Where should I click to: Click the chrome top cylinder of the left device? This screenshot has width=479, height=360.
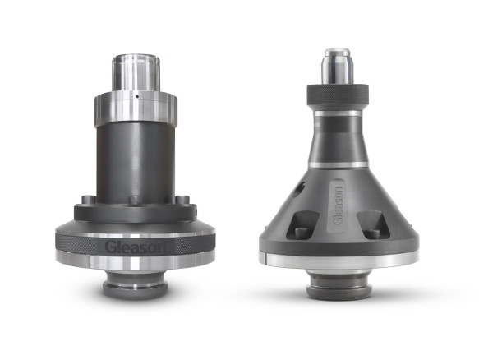pyautogui.click(x=136, y=72)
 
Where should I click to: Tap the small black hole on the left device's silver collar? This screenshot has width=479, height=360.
pyautogui.click(x=137, y=97)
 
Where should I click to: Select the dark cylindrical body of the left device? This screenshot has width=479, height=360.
pyautogui.click(x=136, y=162)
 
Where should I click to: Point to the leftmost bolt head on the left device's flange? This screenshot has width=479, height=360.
pyautogui.click(x=89, y=199)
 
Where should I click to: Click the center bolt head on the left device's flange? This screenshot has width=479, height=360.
pyautogui.click(x=135, y=201)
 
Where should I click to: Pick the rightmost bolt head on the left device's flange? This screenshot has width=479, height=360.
pyautogui.click(x=182, y=199)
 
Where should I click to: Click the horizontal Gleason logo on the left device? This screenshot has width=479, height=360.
pyautogui.click(x=136, y=247)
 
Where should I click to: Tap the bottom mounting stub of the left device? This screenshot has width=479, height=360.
pyautogui.click(x=135, y=286)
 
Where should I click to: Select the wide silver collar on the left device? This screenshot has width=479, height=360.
pyautogui.click(x=136, y=108)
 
